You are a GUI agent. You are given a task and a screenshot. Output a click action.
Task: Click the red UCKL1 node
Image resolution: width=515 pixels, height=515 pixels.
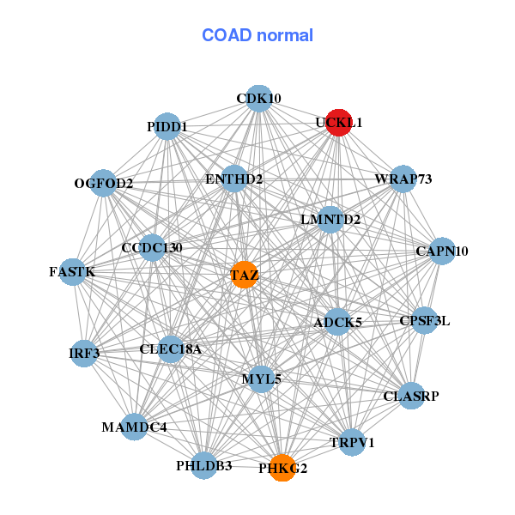click(339, 123)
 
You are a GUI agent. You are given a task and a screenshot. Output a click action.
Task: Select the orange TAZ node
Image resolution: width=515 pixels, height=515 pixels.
click(245, 275)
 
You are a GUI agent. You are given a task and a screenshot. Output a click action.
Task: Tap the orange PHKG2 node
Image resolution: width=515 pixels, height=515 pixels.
click(282, 468)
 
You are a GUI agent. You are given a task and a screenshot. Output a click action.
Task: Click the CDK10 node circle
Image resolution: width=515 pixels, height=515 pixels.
click(259, 99)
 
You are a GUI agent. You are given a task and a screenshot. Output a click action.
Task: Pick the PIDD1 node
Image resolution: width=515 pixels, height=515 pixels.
click(167, 127)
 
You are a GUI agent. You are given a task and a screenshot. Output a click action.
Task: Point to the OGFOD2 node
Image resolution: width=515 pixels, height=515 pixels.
click(104, 183)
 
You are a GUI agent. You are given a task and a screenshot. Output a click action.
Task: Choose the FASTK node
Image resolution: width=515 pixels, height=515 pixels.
click(72, 272)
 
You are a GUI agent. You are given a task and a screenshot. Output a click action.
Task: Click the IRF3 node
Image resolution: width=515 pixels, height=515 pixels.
click(84, 353)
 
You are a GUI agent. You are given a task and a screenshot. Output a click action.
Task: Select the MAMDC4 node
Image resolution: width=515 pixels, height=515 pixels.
click(134, 426)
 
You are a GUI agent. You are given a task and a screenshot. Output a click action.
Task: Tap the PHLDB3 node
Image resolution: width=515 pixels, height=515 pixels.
click(204, 466)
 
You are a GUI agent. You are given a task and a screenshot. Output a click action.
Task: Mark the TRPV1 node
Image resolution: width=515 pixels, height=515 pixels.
click(352, 442)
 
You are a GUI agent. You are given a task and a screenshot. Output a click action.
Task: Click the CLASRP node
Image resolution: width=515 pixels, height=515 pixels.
click(411, 397)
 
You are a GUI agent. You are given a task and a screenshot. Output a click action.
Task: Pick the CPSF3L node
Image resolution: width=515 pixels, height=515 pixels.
click(425, 321)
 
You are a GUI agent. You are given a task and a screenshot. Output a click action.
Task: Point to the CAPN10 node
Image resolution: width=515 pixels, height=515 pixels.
click(442, 251)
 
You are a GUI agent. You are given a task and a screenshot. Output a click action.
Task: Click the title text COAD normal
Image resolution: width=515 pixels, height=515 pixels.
click(257, 35)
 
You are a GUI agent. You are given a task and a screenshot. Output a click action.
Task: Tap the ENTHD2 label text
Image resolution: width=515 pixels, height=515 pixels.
click(234, 179)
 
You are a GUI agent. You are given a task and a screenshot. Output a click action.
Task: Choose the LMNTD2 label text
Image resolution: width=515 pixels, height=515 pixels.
click(330, 219)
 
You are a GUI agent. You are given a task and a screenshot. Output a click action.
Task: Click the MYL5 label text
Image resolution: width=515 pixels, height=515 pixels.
click(262, 379)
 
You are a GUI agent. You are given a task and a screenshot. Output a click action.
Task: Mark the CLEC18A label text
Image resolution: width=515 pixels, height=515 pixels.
click(171, 348)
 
